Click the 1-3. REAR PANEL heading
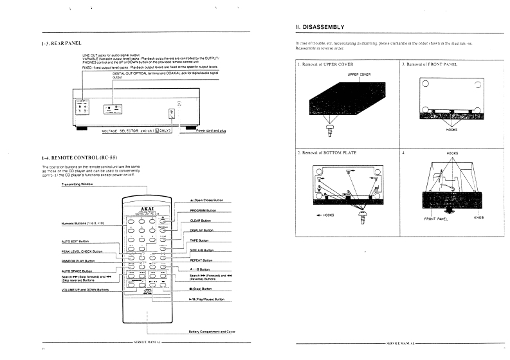pyautogui.click(x=62, y=43)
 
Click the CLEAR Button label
pyautogui.click(x=201, y=220)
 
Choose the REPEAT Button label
pyautogui.click(x=202, y=260)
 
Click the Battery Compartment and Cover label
pyautogui.click(x=212, y=332)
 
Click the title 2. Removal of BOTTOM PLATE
pyautogui.click(x=327, y=154)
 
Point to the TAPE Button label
pyautogui.click(x=200, y=240)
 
